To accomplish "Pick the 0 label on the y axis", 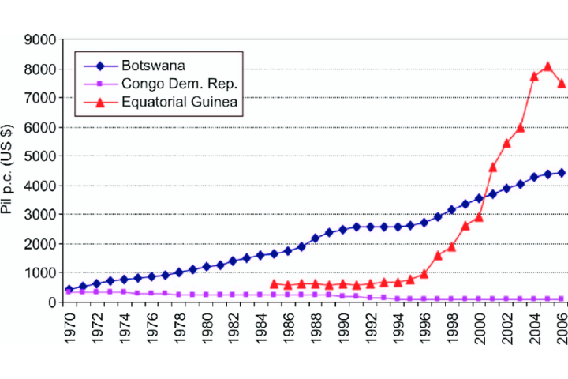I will click(54, 302).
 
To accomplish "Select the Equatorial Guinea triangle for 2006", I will click(562, 83).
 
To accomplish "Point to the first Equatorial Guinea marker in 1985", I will click(275, 283).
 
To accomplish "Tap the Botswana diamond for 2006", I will click(562, 173).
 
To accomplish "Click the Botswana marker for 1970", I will click(69, 290).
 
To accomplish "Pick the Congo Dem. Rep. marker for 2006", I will click(562, 299).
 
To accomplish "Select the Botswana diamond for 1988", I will click(316, 238).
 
